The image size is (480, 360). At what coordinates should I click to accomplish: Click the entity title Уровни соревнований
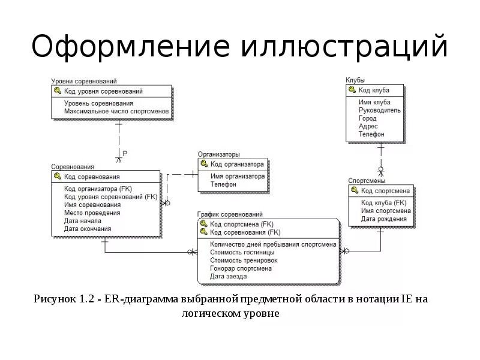(84, 81)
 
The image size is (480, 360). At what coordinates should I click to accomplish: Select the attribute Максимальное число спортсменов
(116, 112)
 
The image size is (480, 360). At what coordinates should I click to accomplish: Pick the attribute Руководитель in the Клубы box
(380, 110)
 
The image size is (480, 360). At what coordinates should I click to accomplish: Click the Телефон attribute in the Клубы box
(371, 134)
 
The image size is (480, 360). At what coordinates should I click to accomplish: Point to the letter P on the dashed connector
(125, 154)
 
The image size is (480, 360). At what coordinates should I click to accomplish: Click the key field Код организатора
(237, 164)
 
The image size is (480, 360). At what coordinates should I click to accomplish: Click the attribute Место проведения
(92, 212)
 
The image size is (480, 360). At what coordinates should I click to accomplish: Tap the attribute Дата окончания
(88, 229)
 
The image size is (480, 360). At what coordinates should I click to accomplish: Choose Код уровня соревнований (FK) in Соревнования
(110, 196)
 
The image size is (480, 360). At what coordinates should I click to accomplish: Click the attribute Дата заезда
(228, 276)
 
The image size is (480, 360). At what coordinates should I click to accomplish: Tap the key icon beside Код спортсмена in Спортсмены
(355, 191)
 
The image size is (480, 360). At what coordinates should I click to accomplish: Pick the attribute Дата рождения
(383, 219)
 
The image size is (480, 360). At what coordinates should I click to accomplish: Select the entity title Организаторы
(219, 154)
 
